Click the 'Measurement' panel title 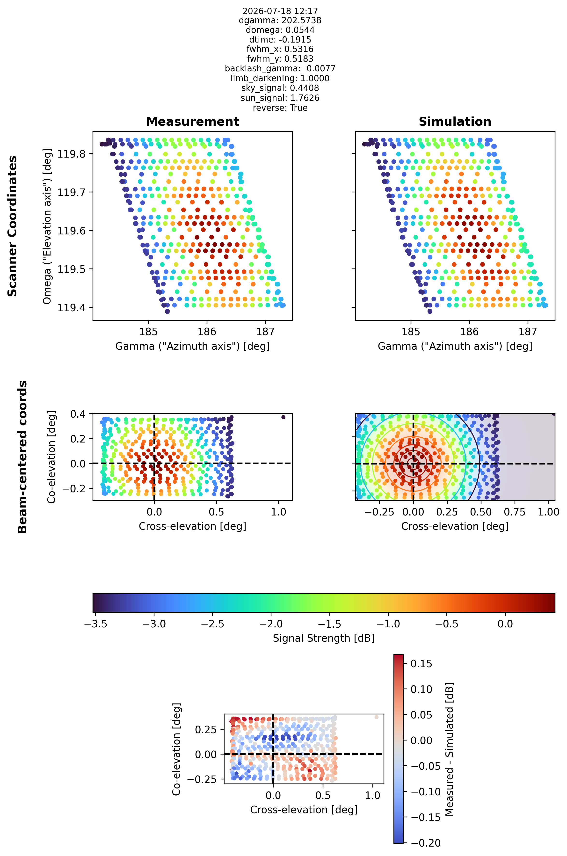(x=192, y=122)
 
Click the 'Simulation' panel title (x=455, y=122)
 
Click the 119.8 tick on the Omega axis (x=71, y=154)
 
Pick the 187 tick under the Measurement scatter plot (x=265, y=332)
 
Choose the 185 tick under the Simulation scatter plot (x=411, y=332)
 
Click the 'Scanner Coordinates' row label (x=12, y=226)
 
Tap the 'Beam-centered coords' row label (x=22, y=457)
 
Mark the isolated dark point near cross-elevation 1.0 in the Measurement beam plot (x=283, y=417)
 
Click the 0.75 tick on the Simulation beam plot (x=515, y=512)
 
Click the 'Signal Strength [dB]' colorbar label (x=324, y=638)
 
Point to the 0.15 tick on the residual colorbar (x=421, y=663)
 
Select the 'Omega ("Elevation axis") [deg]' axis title (x=47, y=226)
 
